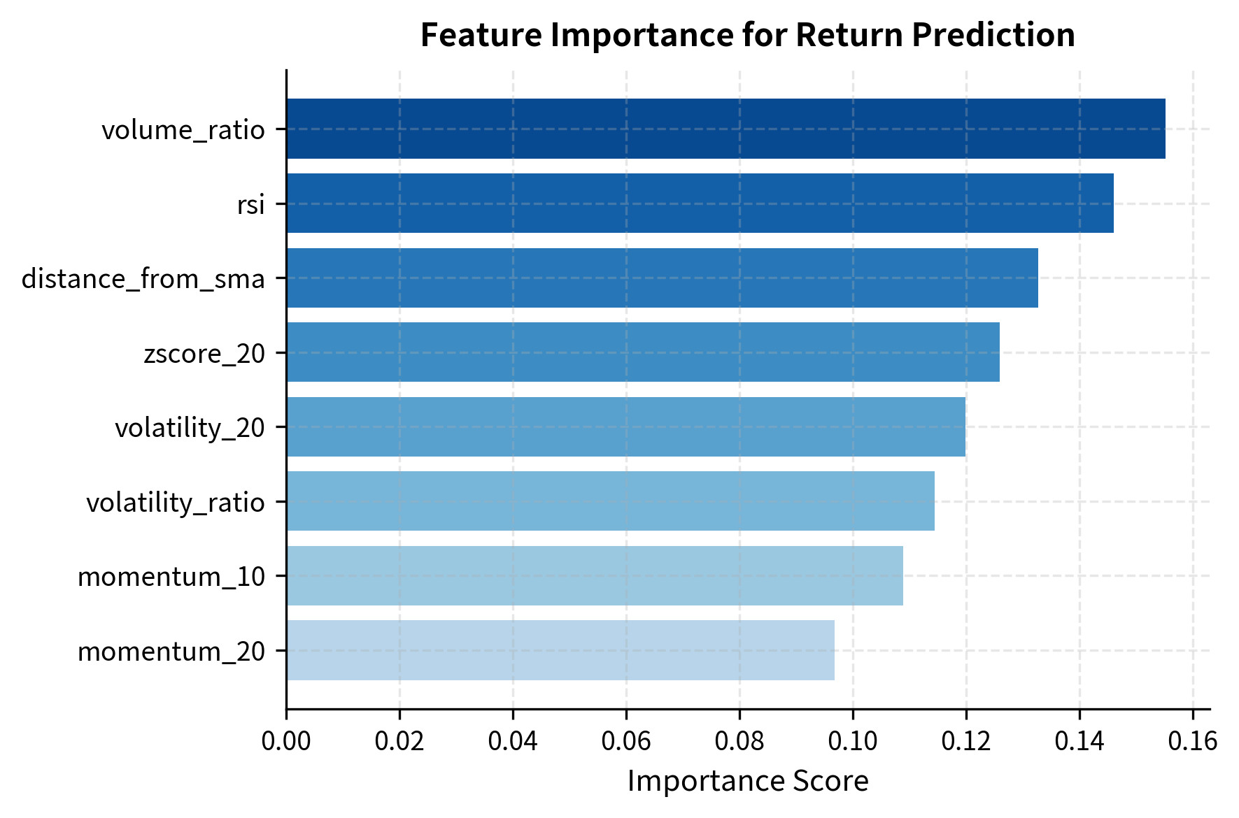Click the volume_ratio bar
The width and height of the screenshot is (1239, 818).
click(725, 129)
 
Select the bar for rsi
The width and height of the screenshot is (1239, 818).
click(700, 203)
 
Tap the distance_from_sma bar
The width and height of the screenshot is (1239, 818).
click(662, 278)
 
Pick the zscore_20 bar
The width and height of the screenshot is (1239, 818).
click(643, 352)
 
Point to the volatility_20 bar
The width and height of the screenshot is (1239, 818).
click(625, 426)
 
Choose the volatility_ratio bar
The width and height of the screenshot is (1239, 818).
click(610, 501)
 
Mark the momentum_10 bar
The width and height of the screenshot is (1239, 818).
click(595, 575)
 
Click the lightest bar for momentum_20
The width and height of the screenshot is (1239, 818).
click(560, 650)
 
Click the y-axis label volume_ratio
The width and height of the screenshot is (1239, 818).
click(183, 130)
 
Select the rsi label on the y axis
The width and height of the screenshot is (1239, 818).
click(251, 204)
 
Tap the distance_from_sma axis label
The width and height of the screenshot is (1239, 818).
click(143, 279)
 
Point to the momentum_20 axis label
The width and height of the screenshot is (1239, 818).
click(171, 652)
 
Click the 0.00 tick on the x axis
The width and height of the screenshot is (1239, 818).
click(286, 741)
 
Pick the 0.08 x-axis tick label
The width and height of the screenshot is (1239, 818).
click(739, 741)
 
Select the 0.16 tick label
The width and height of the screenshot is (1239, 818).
click(1193, 741)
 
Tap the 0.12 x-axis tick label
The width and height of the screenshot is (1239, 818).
click(966, 741)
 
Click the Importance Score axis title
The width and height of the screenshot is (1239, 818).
click(748, 781)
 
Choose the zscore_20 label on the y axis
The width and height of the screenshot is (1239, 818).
click(204, 354)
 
